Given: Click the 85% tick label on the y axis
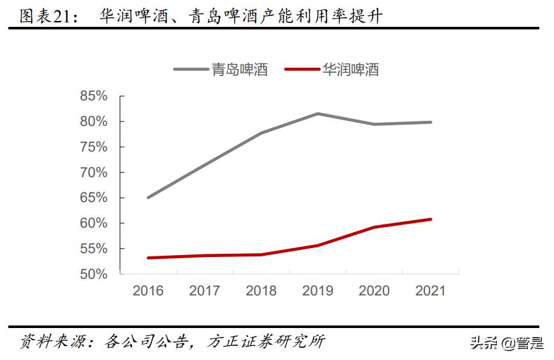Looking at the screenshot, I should pyautogui.click(x=93, y=96).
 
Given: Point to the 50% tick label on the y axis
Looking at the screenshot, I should pyautogui.click(x=93, y=274).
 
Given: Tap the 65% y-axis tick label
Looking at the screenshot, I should pyautogui.click(x=93, y=198).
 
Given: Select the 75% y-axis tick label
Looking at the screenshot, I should pyautogui.click(x=93, y=147).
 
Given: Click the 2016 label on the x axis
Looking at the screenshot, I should pyautogui.click(x=148, y=291).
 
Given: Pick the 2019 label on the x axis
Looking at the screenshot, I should pyautogui.click(x=318, y=291).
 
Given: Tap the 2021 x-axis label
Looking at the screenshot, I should pyautogui.click(x=431, y=291).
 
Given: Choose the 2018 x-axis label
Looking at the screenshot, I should pyautogui.click(x=261, y=291).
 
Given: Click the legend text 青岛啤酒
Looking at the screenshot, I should pyautogui.click(x=240, y=70).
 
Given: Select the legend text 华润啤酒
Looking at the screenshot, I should pyautogui.click(x=351, y=70).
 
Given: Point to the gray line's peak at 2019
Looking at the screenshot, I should pyautogui.click(x=318, y=114).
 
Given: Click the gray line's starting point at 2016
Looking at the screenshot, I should pyautogui.click(x=148, y=198).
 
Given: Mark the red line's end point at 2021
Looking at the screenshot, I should pyautogui.click(x=431, y=219).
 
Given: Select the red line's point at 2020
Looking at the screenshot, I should pyautogui.click(x=374, y=227).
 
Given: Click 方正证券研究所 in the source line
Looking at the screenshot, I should pyautogui.click(x=266, y=342).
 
